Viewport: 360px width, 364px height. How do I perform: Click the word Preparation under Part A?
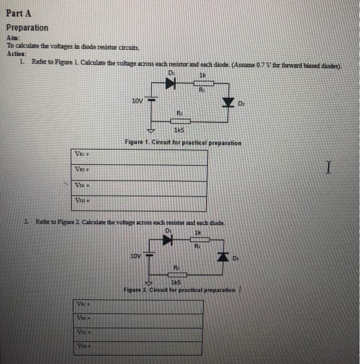[27, 28]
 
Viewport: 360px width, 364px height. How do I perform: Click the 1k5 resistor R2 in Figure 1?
[180, 121]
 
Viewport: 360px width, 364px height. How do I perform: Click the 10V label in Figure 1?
[137, 101]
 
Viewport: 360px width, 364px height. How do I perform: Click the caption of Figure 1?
[182, 142]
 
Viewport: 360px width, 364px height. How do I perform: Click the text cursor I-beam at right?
[327, 167]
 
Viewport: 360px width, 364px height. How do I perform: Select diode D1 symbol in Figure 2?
[167, 240]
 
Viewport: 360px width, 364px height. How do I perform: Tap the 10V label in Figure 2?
[135, 256]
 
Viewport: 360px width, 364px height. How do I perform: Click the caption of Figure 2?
[179, 290]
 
